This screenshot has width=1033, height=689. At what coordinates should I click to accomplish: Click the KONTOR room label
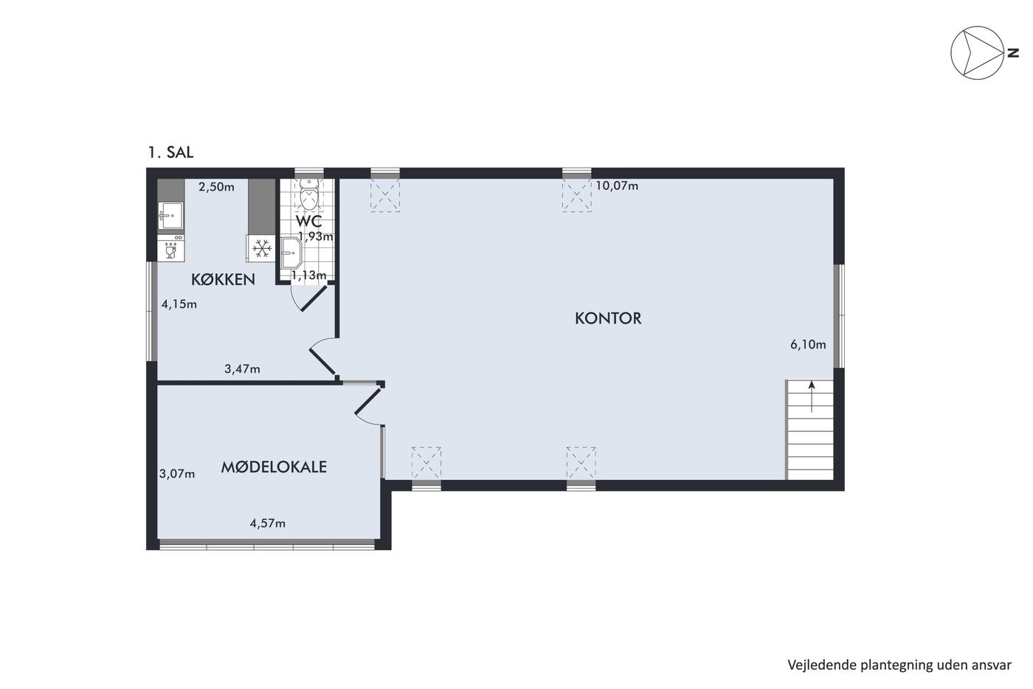tap(608, 318)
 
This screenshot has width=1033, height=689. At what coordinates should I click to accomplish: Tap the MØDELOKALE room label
tap(274, 467)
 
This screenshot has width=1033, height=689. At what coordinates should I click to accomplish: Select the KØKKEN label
tap(223, 280)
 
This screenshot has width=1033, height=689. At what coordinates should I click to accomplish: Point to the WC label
tap(308, 221)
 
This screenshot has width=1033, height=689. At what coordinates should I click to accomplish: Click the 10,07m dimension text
tap(617, 186)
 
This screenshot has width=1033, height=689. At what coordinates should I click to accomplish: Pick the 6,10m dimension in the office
tap(808, 345)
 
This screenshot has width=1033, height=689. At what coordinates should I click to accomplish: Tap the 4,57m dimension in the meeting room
tap(267, 524)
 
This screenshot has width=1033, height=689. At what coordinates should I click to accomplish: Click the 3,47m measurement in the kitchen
tap(242, 369)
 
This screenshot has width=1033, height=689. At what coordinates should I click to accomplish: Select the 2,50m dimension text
tap(216, 187)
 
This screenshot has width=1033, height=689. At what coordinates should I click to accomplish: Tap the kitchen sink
tap(170, 215)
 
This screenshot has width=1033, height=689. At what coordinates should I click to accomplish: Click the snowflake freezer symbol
tap(262, 249)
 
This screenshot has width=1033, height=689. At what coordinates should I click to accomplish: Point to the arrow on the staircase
tap(811, 397)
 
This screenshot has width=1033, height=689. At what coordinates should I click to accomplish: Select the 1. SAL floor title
tap(170, 152)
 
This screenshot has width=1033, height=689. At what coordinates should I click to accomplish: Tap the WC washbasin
tap(291, 253)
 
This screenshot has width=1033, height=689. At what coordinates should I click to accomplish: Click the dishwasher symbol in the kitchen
tap(170, 249)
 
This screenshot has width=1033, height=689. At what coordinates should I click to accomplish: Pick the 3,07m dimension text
tap(177, 474)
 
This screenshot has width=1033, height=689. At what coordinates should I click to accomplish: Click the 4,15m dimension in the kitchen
tap(179, 304)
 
